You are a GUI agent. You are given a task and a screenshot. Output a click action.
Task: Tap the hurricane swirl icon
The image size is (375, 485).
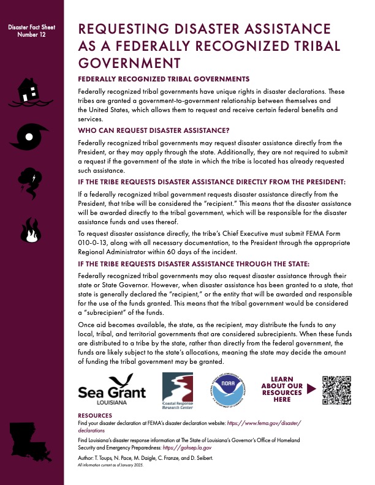click(x=30, y=136)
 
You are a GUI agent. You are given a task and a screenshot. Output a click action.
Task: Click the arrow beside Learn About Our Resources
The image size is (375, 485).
click(x=311, y=388)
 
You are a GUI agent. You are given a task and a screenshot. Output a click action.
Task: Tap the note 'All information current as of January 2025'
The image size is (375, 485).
click(x=115, y=465)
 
